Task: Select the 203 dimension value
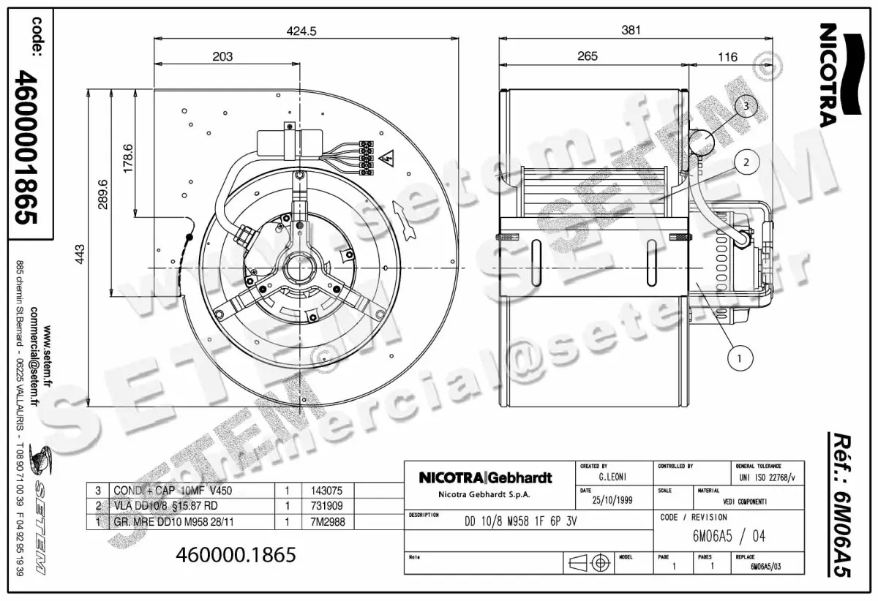tap(222, 56)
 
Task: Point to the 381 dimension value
tap(631, 31)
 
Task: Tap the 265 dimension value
tap(588, 56)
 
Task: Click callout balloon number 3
tap(745, 106)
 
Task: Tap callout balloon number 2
tap(746, 162)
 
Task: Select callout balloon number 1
tap(740, 358)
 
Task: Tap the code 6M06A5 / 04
tap(728, 536)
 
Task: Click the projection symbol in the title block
tap(589, 563)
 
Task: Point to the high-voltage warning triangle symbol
tap(388, 157)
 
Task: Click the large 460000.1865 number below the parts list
tap(236, 555)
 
